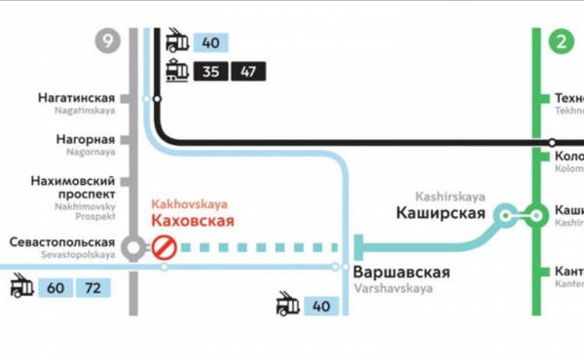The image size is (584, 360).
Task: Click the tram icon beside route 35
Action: (177, 70)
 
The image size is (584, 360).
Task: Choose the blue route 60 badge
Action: (57, 288)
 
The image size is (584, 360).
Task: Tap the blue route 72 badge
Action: (93, 288)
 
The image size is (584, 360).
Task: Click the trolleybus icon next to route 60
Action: (20, 288)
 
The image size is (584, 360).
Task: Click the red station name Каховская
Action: (193, 222)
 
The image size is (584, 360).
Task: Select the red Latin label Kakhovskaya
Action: (189, 204)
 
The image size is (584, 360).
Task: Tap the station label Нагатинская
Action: (77, 98)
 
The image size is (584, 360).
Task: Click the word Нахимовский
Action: (74, 181)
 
